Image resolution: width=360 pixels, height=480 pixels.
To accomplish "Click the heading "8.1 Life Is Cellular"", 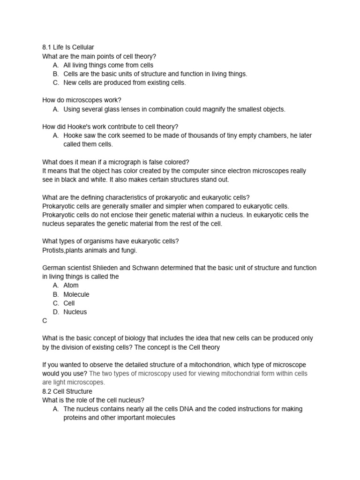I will (x=68, y=47).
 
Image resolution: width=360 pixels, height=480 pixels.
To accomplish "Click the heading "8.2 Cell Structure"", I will (x=67, y=391).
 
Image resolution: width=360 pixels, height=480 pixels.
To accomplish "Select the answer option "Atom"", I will (x=71, y=285).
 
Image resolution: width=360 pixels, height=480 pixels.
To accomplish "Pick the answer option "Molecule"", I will (x=76, y=294).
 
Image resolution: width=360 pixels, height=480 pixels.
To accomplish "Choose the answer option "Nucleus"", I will (x=75, y=312).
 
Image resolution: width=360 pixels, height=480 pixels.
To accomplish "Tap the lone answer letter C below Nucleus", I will (x=45, y=321).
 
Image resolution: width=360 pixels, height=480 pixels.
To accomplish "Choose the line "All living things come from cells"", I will (x=108, y=65).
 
